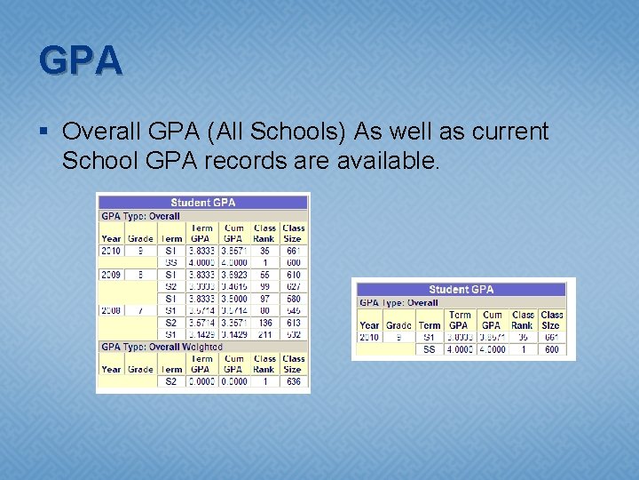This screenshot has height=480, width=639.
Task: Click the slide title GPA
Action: pos(81,60)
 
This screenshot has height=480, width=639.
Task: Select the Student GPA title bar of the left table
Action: pos(203,203)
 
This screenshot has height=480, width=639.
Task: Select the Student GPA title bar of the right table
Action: pos(461,290)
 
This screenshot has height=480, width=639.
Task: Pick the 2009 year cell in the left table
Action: pos(111,275)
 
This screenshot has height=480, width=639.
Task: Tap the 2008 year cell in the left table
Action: pos(111,310)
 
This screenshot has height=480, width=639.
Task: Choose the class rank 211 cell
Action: pos(264,334)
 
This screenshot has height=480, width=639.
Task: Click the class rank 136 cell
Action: pos(264,323)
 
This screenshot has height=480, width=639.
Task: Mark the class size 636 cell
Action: pos(293,381)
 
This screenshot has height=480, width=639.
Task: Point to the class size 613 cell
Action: pos(293,323)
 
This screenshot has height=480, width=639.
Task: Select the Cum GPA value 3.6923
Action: pos(234,275)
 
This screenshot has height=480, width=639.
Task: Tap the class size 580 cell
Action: pos(293,299)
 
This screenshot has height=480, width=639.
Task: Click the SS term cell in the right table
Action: pos(430,349)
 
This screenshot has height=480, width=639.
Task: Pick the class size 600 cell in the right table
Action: pos(551,349)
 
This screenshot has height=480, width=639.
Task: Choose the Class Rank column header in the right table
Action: pos(523,320)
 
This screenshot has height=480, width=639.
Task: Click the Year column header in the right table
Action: pos(369,325)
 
